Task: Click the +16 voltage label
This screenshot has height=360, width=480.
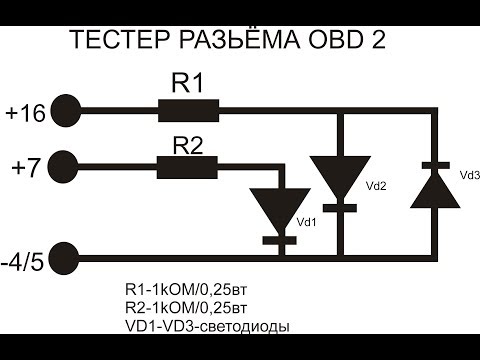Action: (24, 113)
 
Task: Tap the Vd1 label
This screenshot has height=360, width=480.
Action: (309, 222)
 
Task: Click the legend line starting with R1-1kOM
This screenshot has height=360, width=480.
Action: (185, 289)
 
